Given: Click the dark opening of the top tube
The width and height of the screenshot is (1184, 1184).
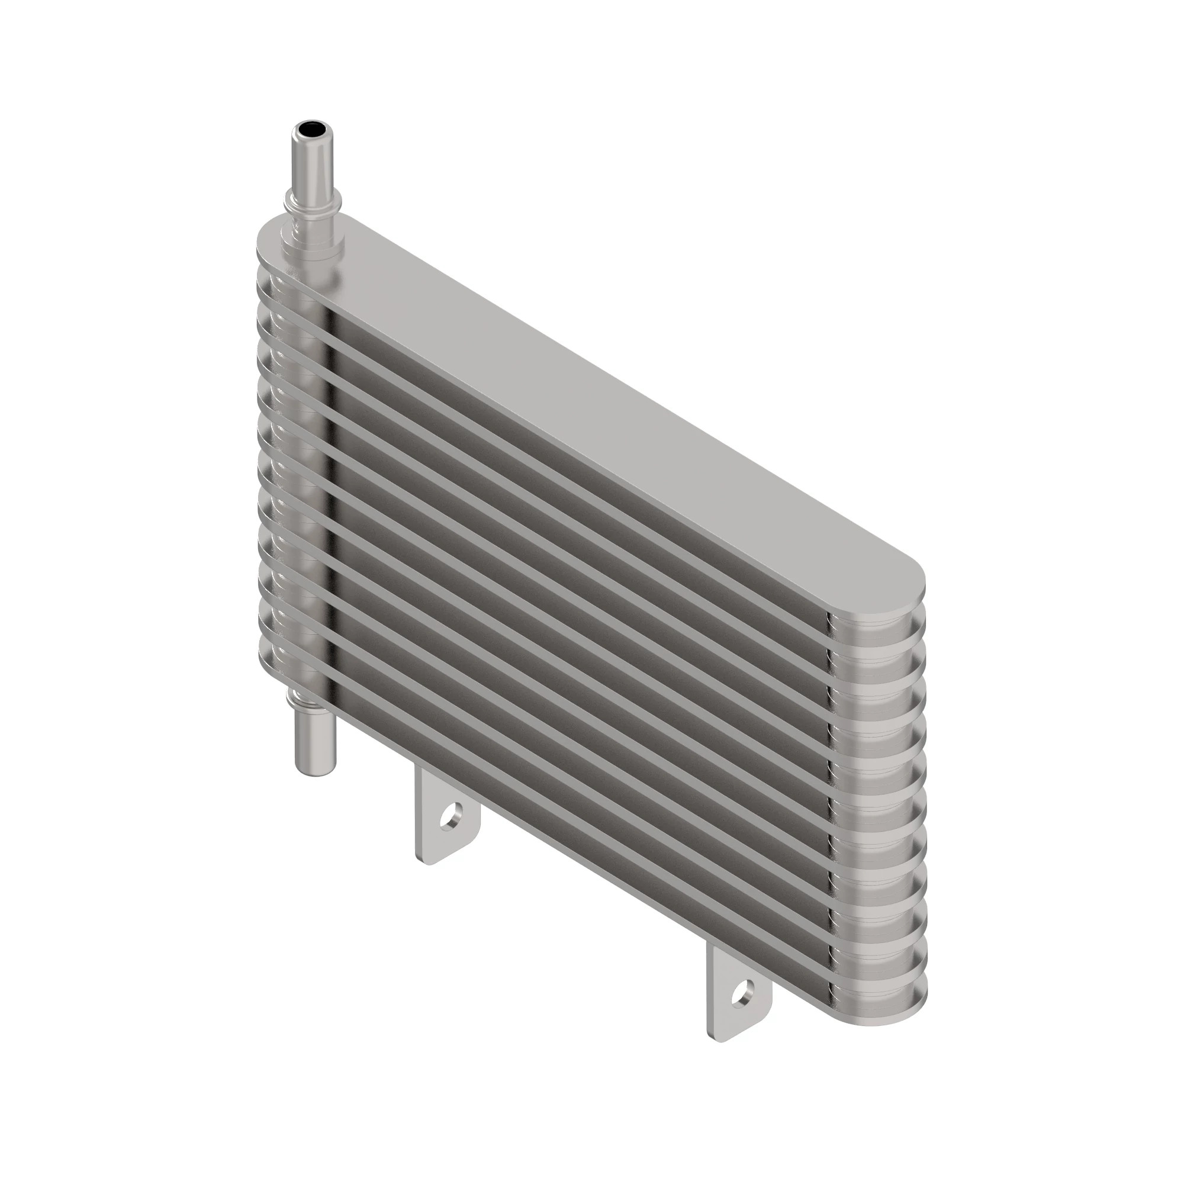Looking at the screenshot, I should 311,130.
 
